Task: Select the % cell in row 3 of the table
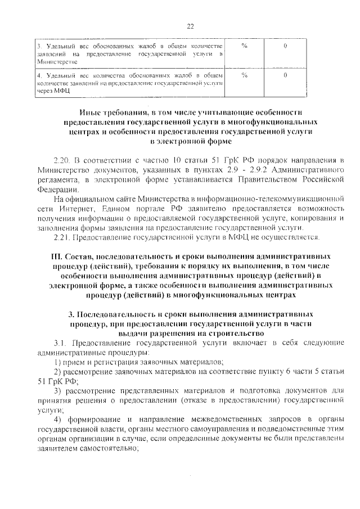tap(244, 45)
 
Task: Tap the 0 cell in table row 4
tap(286, 74)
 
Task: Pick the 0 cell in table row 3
tap(286, 45)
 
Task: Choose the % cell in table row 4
tap(244, 74)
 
